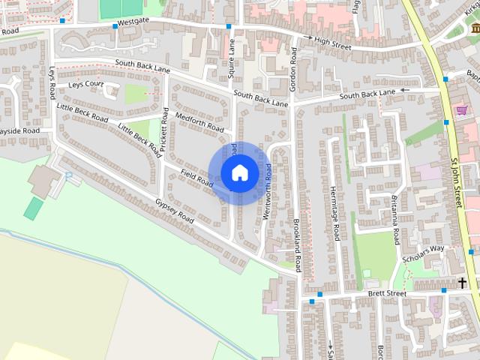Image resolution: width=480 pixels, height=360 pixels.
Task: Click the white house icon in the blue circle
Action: coord(239,173)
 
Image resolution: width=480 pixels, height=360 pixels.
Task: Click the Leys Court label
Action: coord(85,85)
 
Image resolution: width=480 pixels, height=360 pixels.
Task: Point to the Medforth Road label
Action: coord(199,122)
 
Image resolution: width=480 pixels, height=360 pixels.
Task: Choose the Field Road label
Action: coord(197,178)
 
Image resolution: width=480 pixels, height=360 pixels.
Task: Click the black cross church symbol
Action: coord(462,283)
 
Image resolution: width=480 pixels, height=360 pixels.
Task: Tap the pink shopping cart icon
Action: coord(462,110)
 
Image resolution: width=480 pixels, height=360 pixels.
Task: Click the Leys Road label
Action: coord(52,82)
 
